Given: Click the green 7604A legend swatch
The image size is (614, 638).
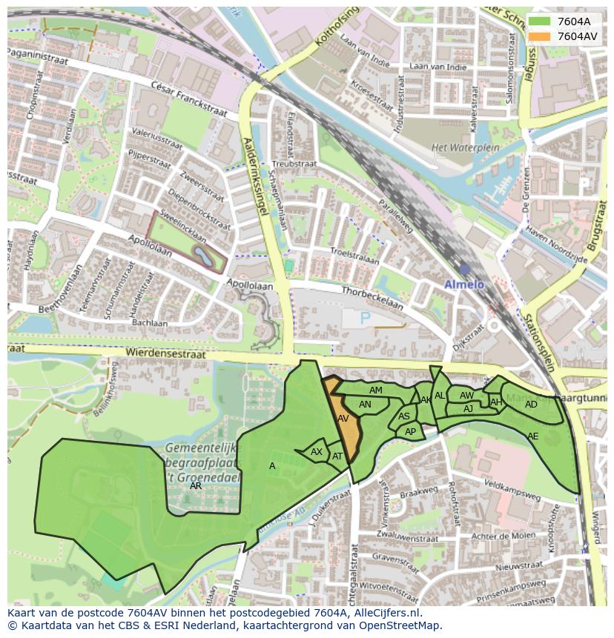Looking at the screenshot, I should [x=540, y=21].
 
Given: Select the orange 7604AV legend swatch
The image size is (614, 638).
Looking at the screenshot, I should [x=540, y=36].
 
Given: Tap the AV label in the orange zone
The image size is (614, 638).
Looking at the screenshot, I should [x=343, y=419].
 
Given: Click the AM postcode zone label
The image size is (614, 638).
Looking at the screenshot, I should [x=376, y=391].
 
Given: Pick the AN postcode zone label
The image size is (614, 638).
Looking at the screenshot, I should [x=365, y=405].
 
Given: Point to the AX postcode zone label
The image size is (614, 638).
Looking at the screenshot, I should [x=317, y=452].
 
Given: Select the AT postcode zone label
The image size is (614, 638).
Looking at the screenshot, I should [x=337, y=456].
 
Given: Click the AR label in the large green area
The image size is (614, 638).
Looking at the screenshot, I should [x=196, y=486].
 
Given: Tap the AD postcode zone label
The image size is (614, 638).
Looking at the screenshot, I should [x=531, y=405].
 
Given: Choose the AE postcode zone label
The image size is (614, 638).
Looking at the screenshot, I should [x=532, y=436].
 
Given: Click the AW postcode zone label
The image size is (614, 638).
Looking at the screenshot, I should [x=466, y=396].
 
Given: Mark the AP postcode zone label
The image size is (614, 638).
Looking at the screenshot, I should [x=410, y=431].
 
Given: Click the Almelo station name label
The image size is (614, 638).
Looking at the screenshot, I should [x=463, y=285].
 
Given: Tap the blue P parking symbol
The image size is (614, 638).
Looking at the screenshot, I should [x=364, y=318].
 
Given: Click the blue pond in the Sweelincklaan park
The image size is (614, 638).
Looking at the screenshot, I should [x=202, y=256].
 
